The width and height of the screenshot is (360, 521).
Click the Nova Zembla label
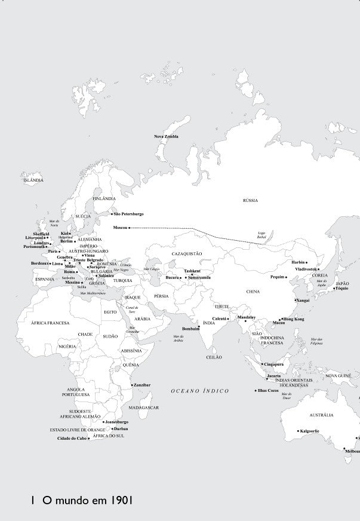point(166,137)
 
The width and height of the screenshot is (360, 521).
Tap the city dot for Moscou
point(129,228)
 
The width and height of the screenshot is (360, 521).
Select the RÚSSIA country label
point(250,201)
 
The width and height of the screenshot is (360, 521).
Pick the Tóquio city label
point(342,289)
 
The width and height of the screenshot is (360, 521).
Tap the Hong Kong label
point(293,319)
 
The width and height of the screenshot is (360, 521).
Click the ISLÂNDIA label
point(33,180)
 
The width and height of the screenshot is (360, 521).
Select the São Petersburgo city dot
point(112,214)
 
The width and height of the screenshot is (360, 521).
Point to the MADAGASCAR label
point(143,407)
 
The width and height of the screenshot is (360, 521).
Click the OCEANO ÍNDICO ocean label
point(200,391)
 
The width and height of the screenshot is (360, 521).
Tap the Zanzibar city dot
point(132,385)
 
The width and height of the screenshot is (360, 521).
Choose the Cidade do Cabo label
point(72,439)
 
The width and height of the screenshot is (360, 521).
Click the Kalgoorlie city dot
point(298,431)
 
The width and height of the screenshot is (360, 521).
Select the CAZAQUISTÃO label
point(187,254)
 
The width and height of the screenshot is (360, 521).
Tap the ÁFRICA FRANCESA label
point(50,323)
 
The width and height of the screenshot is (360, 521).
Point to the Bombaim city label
point(189,329)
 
